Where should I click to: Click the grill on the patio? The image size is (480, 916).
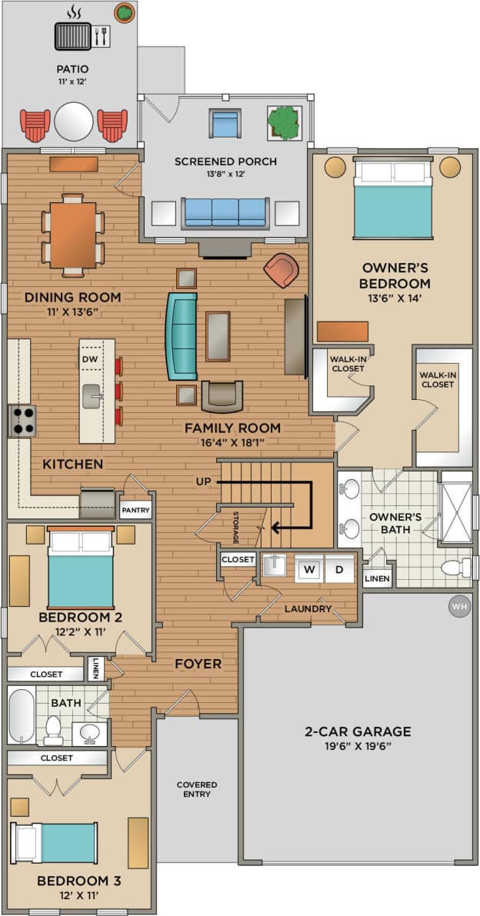[73, 35]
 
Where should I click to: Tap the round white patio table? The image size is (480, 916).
[74, 122]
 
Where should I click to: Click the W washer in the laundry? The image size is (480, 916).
[309, 570]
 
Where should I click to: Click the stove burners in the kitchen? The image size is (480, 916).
[22, 421]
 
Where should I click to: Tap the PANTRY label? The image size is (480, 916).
[135, 510]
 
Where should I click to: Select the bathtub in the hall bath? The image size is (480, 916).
[21, 715]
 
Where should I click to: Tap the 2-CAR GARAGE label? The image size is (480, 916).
[358, 731]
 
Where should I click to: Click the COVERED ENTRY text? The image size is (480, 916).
[197, 789]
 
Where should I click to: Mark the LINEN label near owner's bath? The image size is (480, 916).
[377, 578]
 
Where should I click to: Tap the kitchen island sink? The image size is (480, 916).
[92, 396]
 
